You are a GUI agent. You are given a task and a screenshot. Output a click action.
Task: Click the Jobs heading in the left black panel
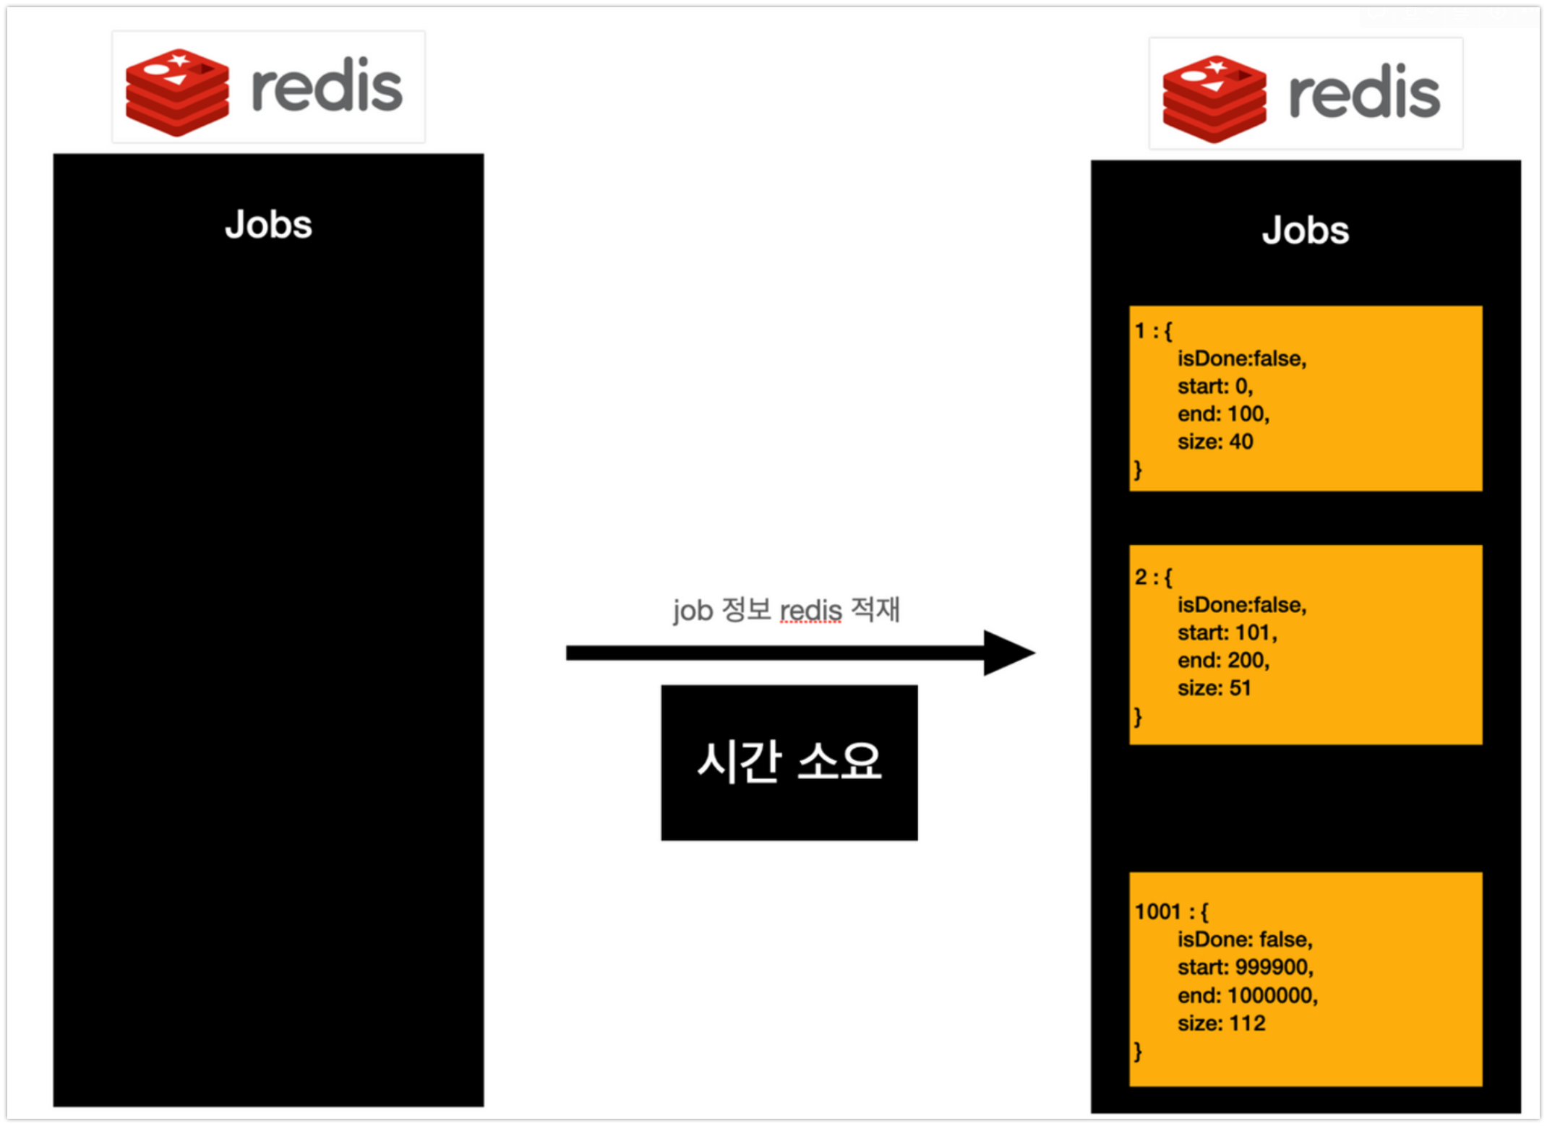[268, 225]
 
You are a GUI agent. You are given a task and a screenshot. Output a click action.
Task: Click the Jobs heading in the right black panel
[1306, 231]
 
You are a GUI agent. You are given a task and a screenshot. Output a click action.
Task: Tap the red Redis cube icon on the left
[177, 92]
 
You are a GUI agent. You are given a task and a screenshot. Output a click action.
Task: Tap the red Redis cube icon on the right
[1214, 98]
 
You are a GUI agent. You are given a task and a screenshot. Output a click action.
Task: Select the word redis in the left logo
[327, 87]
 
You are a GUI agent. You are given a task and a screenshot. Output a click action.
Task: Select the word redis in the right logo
[1365, 93]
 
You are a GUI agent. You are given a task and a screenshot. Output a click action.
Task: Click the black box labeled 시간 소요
[789, 762]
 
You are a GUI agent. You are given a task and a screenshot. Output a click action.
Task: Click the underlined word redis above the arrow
[810, 611]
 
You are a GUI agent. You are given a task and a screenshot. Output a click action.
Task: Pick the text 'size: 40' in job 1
[1215, 442]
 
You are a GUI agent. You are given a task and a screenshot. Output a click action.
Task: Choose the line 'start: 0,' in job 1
[1214, 387]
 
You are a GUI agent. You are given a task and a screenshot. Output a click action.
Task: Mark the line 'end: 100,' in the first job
[1223, 414]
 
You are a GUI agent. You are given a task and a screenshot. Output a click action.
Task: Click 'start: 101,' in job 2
[1227, 633]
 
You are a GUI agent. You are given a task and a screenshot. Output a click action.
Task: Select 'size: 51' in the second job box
[1214, 688]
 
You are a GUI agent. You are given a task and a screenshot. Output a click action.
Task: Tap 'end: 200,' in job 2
[1223, 661]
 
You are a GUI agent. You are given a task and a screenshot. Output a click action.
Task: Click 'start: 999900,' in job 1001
[1245, 968]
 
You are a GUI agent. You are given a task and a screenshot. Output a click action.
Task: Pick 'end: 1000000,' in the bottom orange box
[1248, 996]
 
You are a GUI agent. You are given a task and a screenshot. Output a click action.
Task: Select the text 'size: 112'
[1221, 1023]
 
